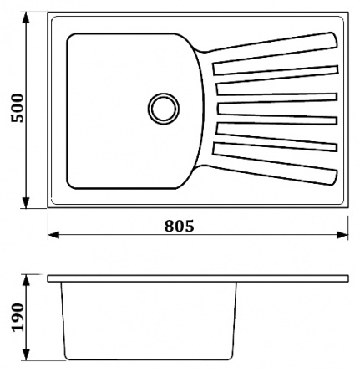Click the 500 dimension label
(x=18, y=108)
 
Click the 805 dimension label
(x=179, y=226)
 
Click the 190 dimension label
(x=18, y=317)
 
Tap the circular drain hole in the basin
(x=164, y=109)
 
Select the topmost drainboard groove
(x=275, y=70)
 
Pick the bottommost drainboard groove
(x=275, y=147)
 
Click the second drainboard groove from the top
(x=277, y=89)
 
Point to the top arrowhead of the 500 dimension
(x=26, y=18)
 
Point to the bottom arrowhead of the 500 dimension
(x=26, y=202)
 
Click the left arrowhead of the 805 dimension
(x=53, y=235)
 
